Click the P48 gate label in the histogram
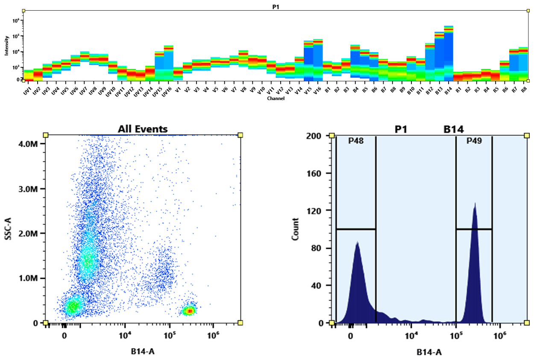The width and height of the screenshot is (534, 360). [356, 141]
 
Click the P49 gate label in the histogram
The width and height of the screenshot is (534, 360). [474, 141]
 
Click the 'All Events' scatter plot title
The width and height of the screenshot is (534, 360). [143, 129]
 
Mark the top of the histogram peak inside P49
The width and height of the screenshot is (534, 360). [475, 204]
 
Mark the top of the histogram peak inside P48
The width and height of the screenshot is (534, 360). [357, 242]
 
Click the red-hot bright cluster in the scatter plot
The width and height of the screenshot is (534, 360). [189, 311]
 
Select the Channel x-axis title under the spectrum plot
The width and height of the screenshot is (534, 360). [276, 98]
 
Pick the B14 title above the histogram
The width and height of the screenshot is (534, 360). [453, 129]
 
